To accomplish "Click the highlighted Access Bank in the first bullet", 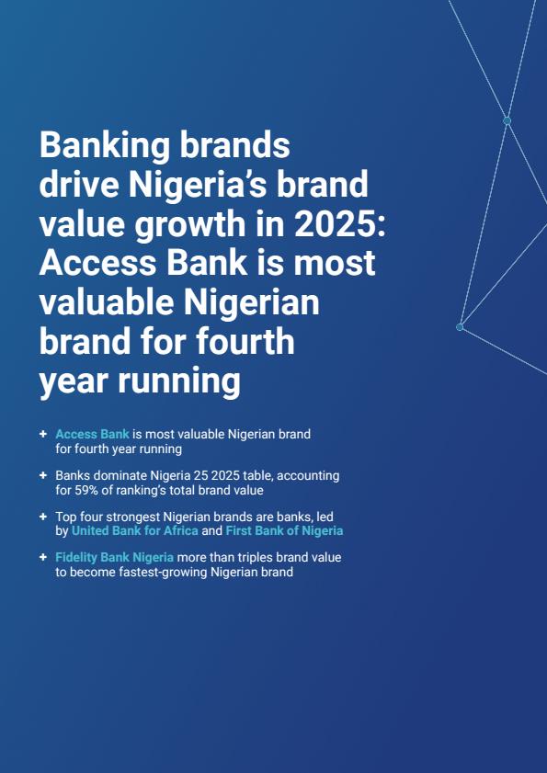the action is coord(92,435).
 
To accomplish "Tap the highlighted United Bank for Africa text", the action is coord(135,531).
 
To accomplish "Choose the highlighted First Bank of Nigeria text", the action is coord(284,531).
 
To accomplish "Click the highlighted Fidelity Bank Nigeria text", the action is coord(114,558).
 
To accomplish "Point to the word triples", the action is coord(257,558).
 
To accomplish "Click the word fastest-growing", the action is coord(163,573).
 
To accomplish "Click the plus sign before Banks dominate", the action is coord(43,476).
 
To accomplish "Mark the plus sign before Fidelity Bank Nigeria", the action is coord(43,558).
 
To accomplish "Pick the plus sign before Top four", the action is coord(43,517).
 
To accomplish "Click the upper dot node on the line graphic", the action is coord(507,120).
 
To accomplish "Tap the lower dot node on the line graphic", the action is coord(460,327).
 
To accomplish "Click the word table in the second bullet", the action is coord(254,476).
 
